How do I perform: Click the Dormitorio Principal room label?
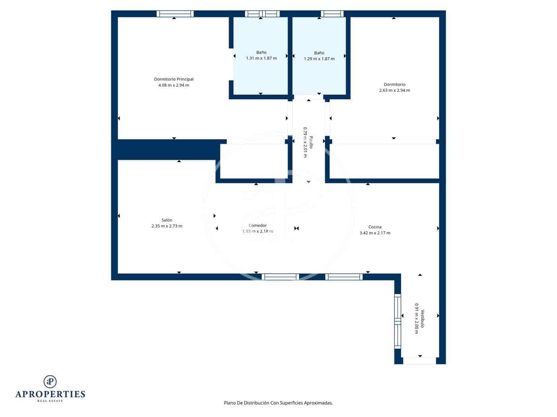tap(173, 79)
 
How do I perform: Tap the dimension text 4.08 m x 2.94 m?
tap(173, 85)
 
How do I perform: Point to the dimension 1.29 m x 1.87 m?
tap(319, 59)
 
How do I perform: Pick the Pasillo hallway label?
tap(311, 142)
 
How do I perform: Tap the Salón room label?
tap(167, 220)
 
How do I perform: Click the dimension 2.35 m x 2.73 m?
tap(167, 226)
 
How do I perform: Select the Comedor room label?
tap(257, 225)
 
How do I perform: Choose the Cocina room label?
tap(375, 227)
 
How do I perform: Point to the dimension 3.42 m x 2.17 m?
tap(375, 233)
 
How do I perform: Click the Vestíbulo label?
tap(423, 319)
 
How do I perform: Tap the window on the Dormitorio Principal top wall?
tap(175, 14)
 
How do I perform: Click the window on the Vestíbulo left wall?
tap(397, 321)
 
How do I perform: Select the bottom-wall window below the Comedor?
tap(280, 277)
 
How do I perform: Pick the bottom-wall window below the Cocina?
tap(344, 277)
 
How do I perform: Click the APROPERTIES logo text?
tap(50, 394)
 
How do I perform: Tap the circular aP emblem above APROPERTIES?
tap(50, 382)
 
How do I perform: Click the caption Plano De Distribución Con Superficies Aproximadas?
tap(278, 403)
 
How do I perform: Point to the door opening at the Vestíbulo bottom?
tap(419, 361)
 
